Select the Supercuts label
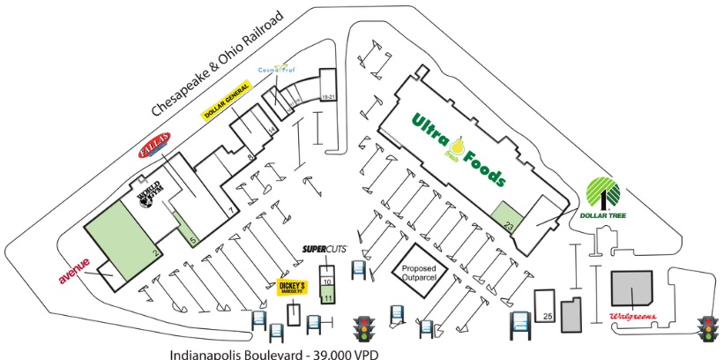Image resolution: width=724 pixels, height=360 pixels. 325,251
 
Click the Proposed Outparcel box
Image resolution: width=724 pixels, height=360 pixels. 420,274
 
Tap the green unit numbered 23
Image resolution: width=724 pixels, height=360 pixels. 507,217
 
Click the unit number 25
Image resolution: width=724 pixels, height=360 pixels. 547,314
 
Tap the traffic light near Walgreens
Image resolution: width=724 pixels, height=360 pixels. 706,329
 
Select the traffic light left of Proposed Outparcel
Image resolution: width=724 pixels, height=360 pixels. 363,329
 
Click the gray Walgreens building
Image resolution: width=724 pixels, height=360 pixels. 632,287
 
